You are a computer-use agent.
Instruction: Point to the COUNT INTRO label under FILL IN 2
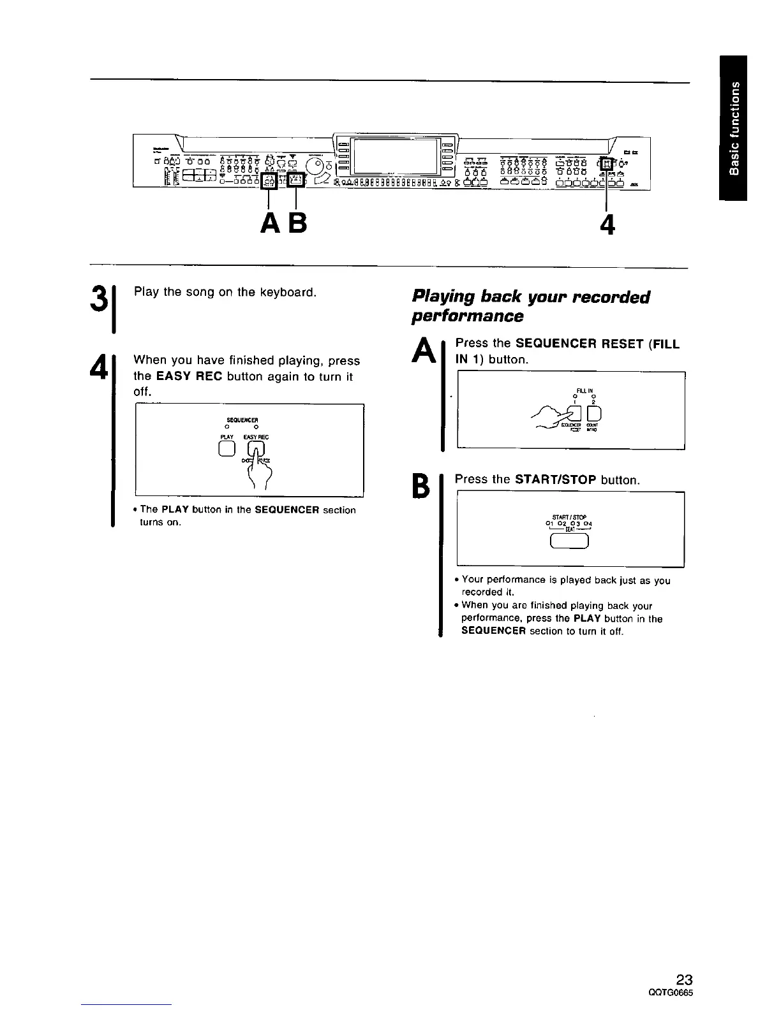[593, 429]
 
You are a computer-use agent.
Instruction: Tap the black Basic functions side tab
[733, 128]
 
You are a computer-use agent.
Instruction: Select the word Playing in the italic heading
[443, 297]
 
